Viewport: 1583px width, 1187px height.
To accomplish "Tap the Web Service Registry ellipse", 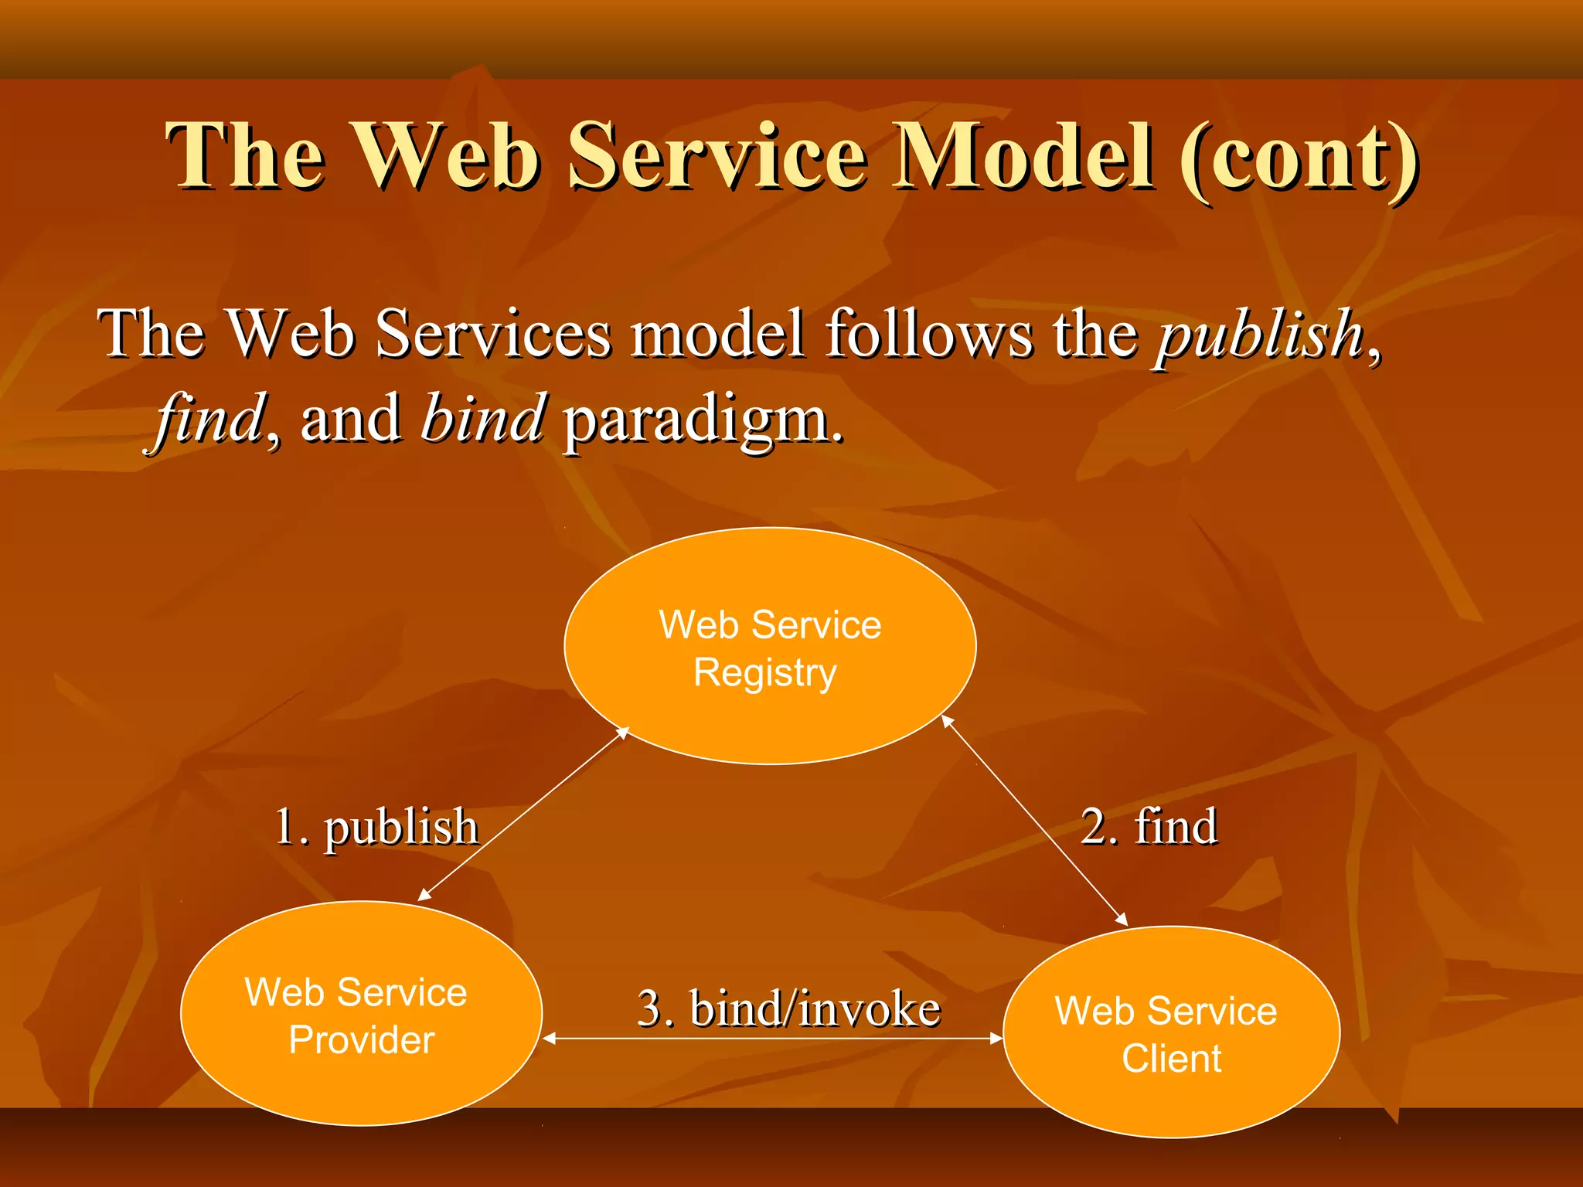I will click(770, 719).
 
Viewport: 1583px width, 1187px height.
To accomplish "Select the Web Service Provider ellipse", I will click(361, 1082).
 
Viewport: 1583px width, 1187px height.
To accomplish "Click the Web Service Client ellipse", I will click(1171, 1097).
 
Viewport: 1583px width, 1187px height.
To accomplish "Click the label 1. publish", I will click(377, 827).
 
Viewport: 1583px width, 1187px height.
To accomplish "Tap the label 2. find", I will click(1149, 826).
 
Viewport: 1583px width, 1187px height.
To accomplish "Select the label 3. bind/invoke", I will click(788, 1008).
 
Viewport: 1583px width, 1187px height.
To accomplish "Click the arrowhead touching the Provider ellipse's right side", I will click(550, 1039).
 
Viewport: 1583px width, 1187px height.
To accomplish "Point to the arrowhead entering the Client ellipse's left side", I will click(996, 1039).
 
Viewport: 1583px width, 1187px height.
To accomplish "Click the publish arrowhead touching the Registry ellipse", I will click(623, 732).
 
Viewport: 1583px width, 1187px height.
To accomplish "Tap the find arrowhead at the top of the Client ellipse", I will click(1122, 920).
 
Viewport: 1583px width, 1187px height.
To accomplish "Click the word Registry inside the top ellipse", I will click(764, 672).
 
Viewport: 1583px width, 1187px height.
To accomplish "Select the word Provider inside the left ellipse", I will click(361, 1040).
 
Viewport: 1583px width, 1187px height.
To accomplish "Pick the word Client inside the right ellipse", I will click(1171, 1058).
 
